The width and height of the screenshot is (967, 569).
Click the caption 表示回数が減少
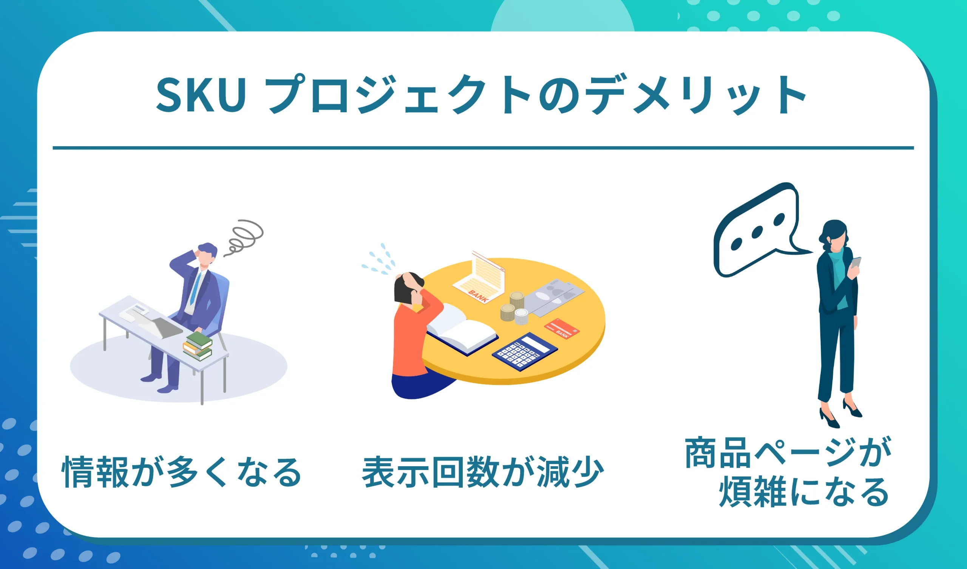tap(483, 472)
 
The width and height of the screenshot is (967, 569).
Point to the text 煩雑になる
tap(803, 492)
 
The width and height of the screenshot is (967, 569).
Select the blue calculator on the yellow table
tap(525, 351)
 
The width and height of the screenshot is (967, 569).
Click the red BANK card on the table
tap(562, 329)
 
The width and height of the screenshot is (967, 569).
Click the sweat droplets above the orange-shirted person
tap(380, 261)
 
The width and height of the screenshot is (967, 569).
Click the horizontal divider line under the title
tap(483, 148)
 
